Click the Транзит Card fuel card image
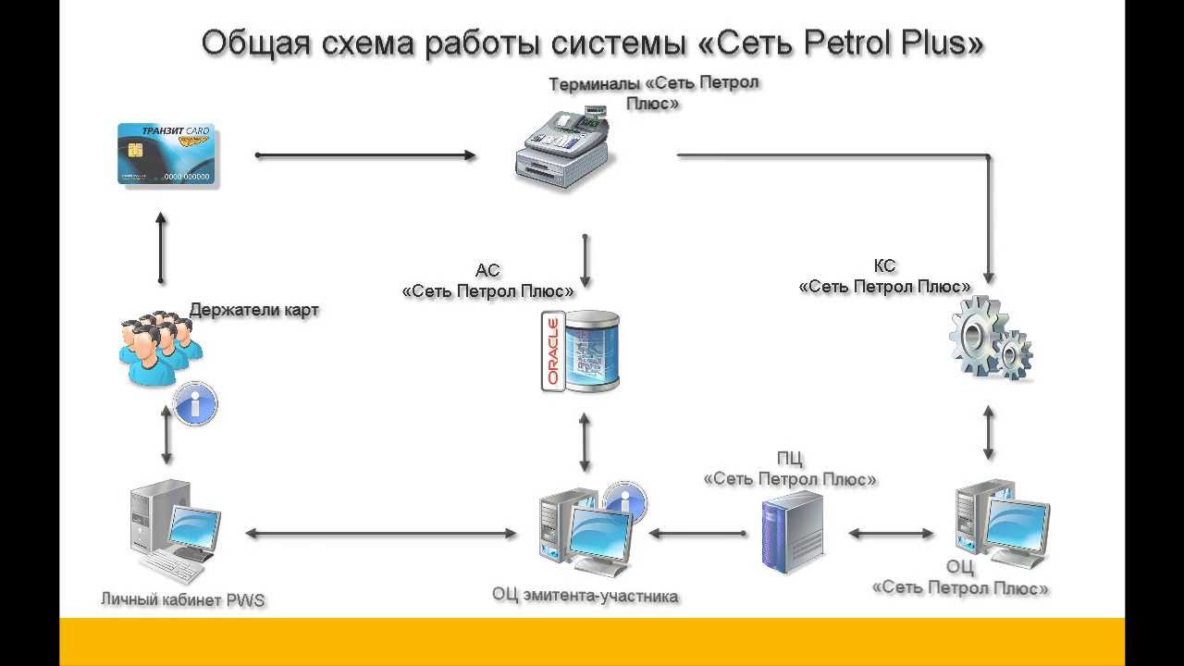167,154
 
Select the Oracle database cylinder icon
581,352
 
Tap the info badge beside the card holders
196,403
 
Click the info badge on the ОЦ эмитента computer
626,502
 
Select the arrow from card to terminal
365,155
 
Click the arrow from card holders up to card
161,248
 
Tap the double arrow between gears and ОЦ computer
988,432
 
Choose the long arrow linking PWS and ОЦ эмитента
381,533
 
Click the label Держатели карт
254,310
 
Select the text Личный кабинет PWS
183,599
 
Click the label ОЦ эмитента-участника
586,596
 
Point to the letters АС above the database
487,271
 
